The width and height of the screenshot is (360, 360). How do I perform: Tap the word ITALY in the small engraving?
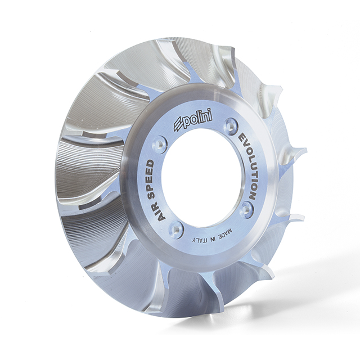click(x=200, y=240)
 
